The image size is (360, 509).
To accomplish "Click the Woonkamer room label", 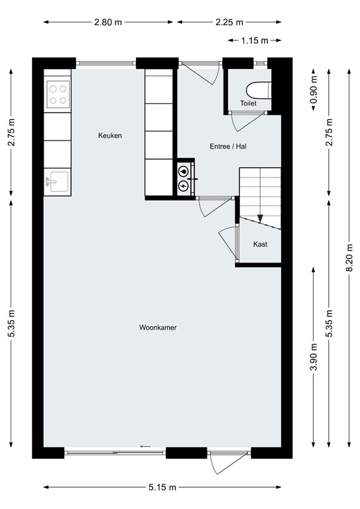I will (157, 327).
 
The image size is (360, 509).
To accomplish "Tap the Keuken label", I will (110, 136).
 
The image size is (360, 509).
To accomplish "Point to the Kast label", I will (261, 245).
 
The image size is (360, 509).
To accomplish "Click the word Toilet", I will (248, 103).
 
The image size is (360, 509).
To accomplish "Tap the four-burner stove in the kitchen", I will (58, 93).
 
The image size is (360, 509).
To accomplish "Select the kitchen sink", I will (57, 181).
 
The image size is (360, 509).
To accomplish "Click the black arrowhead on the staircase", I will (261, 217).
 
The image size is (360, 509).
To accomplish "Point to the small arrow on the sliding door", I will (145, 446).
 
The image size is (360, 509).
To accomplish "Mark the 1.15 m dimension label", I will (255, 40).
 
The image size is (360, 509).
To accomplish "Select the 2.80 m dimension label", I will (108, 22).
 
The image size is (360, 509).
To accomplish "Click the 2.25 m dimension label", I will (229, 22).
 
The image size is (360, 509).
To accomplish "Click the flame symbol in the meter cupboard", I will (183, 170).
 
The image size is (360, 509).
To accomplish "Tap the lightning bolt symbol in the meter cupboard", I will (183, 187).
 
